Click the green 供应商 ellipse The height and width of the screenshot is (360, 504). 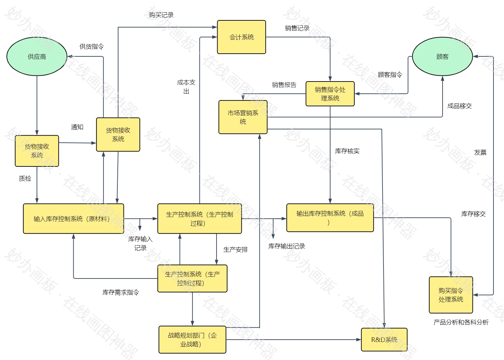pos(37,56)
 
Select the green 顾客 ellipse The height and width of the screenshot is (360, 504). pos(442,56)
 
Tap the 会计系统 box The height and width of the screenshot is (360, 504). pos(241,37)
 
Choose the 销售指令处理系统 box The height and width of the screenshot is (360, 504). pos(330,94)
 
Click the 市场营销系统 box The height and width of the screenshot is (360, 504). pos(243,117)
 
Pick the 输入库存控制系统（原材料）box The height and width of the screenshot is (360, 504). pos(73,219)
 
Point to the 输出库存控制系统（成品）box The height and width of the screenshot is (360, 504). pos(330,218)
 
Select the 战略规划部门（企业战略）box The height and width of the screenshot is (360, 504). pos(192,340)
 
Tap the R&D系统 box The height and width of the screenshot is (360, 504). pos(384,340)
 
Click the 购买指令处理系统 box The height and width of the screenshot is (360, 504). pos(451,295)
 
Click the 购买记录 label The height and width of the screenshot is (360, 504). pos(161,15)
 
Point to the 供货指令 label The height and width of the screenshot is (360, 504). pos(92,47)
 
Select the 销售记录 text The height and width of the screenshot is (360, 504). pos(297,28)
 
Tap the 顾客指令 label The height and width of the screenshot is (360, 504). pos(390,75)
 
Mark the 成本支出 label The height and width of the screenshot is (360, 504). pos(186,87)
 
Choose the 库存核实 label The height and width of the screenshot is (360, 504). pos(347,151)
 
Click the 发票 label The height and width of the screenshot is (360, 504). pos(480,152)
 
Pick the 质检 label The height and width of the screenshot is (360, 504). pos(25,179)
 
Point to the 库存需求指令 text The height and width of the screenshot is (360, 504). pos(120,292)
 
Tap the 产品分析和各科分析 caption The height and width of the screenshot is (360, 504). pos(461,322)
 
